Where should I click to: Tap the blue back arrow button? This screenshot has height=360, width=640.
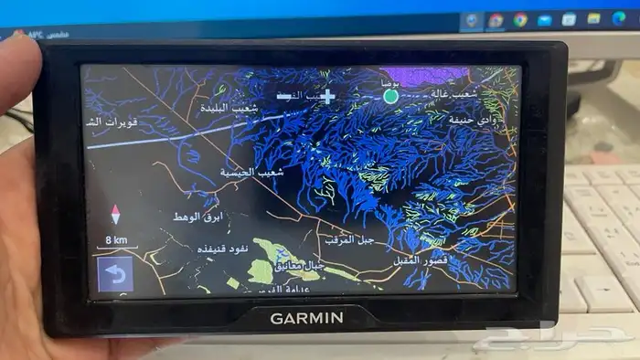pyautogui.click(x=114, y=273)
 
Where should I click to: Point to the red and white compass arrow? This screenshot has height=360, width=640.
pyautogui.click(x=115, y=216)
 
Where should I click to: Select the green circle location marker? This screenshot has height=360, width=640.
pyautogui.click(x=390, y=95)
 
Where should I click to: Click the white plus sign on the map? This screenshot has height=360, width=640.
pyautogui.click(x=327, y=95)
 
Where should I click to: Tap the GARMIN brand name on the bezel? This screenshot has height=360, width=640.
pyautogui.click(x=306, y=318)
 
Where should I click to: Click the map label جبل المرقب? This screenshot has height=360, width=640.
pyautogui.click(x=347, y=238)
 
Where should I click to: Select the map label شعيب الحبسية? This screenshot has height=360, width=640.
pyautogui.click(x=253, y=171)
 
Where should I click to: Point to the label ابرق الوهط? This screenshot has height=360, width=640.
pyautogui.click(x=197, y=217)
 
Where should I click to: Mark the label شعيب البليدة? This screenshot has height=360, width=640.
pyautogui.click(x=229, y=109)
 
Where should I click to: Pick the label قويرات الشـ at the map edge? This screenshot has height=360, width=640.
pyautogui.click(x=107, y=122)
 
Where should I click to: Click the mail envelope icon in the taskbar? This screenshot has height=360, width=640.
pyautogui.click(x=545, y=19)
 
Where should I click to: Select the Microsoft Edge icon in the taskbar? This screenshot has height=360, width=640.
pyautogui.click(x=618, y=18)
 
